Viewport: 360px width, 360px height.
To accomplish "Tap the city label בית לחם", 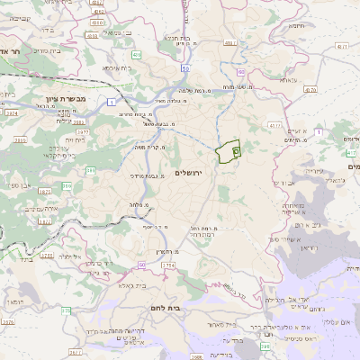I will click(x=188, y=307).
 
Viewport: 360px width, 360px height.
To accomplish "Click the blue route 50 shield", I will click(x=184, y=68).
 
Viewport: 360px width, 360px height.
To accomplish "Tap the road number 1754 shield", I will click(x=166, y=266).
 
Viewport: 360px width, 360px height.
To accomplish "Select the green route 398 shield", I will click(x=265, y=346).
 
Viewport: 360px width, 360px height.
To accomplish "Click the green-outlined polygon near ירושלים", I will click(x=229, y=152).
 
